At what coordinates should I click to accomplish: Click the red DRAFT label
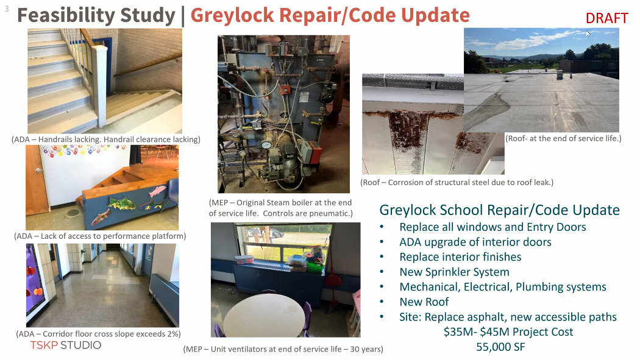(606, 18)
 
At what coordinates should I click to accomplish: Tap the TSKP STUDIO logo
(65, 345)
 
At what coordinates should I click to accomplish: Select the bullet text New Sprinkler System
(454, 272)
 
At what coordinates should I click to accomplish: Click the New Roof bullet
(424, 302)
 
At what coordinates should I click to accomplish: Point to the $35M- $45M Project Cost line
(508, 332)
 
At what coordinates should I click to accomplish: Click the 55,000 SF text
(500, 347)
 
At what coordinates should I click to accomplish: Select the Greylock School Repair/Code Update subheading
(500, 210)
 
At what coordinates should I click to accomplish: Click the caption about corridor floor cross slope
(98, 333)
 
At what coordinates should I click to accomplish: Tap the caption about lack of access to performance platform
(100, 236)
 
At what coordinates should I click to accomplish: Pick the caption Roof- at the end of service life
(563, 139)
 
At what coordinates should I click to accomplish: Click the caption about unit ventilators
(283, 349)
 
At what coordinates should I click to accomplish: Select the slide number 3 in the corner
(7, 9)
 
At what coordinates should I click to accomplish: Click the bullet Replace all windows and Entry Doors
(492, 227)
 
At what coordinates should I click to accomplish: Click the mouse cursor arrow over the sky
(588, 34)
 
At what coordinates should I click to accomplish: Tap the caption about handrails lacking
(106, 139)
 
